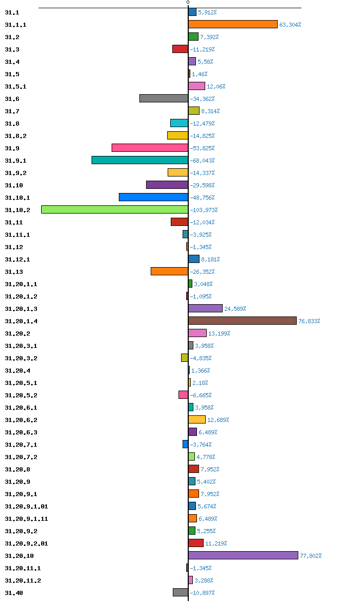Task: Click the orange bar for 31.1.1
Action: tap(233, 24)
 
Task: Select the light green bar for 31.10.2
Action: tap(115, 210)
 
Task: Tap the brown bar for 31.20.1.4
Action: tap(242, 321)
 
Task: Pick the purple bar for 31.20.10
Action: tap(243, 555)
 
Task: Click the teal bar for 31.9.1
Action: tap(140, 160)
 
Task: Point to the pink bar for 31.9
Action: tap(150, 148)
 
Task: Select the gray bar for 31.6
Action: tap(164, 99)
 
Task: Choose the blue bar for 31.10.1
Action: tap(153, 197)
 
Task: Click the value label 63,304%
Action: tap(290, 25)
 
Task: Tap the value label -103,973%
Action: tap(204, 210)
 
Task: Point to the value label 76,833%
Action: tap(309, 321)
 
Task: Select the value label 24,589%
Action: tap(235, 309)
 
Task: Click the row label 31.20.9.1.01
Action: tap(26, 506)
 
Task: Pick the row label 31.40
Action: tap(14, 593)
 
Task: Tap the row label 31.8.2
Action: tap(16, 136)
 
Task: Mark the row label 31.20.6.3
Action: tap(21, 432)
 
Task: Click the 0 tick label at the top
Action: tap(188, 3)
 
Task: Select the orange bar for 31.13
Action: tap(170, 272)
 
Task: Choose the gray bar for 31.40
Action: tap(181, 592)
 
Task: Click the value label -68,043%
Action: tap(202, 161)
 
